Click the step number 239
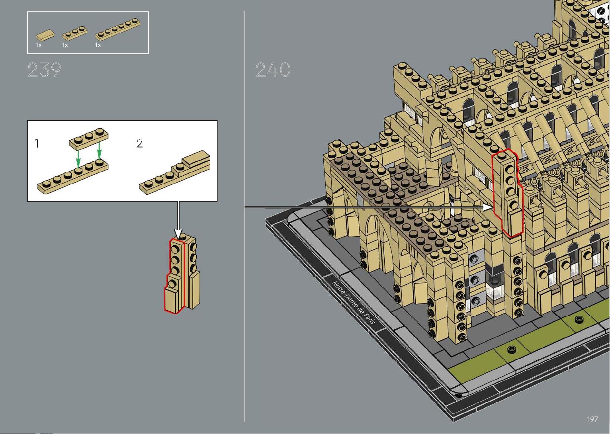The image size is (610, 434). [x=44, y=70]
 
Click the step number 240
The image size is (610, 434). [x=273, y=70]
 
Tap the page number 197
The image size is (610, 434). [x=592, y=419]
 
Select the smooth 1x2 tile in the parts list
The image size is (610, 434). [x=45, y=35]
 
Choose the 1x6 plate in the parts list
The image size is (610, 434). [x=118, y=29]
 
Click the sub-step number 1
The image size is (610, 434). [x=37, y=143]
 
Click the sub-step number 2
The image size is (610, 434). [x=139, y=143]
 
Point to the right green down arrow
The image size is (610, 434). [x=99, y=150]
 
